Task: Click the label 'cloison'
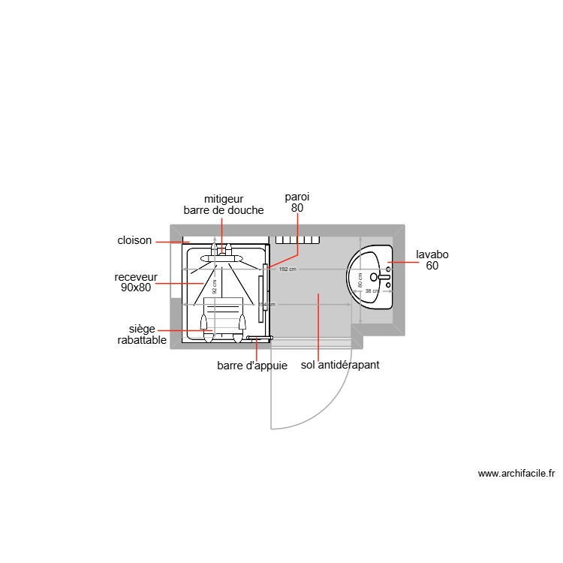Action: pos(134,241)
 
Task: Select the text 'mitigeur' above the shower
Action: pos(224,199)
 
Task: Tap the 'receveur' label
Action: pos(136,276)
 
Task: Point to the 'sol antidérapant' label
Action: pos(340,366)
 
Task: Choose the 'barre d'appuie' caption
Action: pos(252,366)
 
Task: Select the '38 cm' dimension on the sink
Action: pos(371,291)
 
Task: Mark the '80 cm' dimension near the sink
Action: pos(360,279)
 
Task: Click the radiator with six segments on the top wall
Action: pos(298,240)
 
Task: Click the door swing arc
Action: pos(330,406)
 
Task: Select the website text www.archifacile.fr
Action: pos(516,474)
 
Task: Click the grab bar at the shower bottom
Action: pos(257,339)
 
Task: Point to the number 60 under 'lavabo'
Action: pos(432,266)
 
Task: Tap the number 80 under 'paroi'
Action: pos(297,208)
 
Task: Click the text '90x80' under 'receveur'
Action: pos(136,287)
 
